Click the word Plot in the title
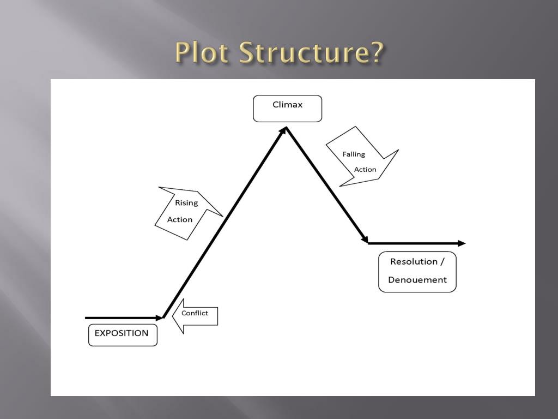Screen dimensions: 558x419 click(203, 53)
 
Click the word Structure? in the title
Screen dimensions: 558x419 click(312, 53)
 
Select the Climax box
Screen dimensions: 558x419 click(287, 109)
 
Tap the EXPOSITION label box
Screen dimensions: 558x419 click(123, 334)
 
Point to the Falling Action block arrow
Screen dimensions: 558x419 click(360, 159)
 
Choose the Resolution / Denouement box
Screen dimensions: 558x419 click(417, 272)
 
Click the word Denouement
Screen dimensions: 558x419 click(417, 280)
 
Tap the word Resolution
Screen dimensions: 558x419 click(414, 261)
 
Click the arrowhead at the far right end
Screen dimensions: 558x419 click(462, 243)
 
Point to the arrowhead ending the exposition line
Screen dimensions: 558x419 click(160, 318)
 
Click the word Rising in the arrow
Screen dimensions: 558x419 click(186, 203)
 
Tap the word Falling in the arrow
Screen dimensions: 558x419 click(354, 154)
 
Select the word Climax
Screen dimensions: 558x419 click(287, 104)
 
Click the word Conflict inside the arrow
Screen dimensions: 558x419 click(195, 313)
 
